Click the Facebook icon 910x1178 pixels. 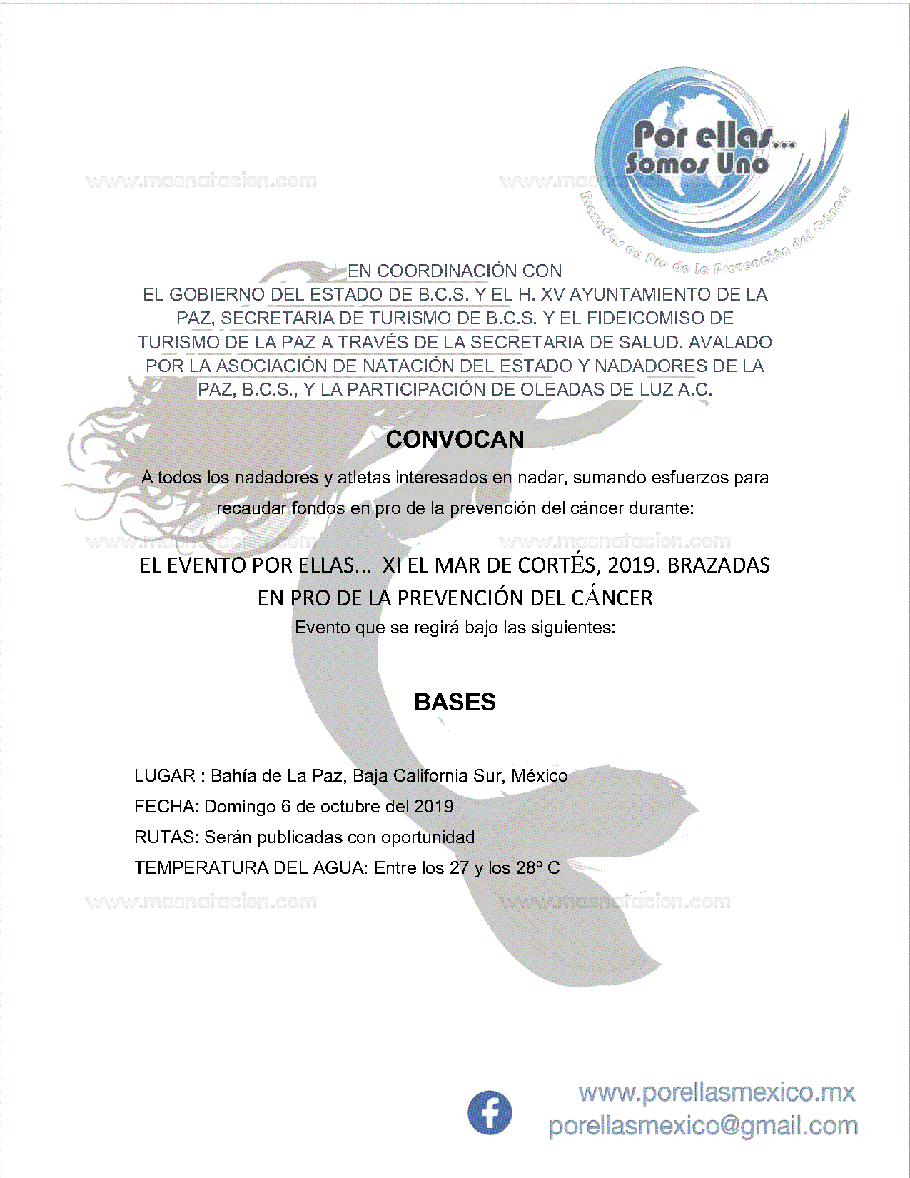point(490,1112)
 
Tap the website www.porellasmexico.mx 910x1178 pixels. point(717,1092)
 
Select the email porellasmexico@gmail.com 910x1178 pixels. point(703,1126)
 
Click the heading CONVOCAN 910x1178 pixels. point(455,439)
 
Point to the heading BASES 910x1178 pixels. point(455,702)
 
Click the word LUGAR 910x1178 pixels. point(164,776)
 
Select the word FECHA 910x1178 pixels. point(166,807)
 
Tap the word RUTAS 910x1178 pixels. point(166,837)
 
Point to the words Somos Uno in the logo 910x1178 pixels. point(697,164)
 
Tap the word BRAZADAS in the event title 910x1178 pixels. point(719,565)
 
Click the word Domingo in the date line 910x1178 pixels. point(240,807)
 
